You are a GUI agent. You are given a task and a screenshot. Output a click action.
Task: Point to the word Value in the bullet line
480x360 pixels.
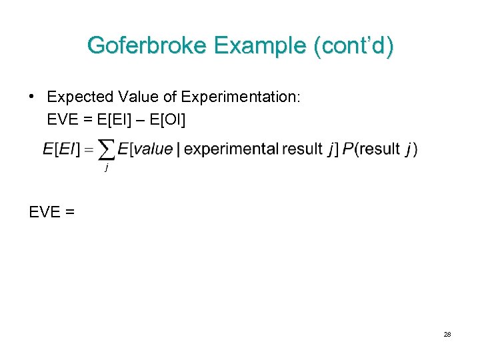click(136, 97)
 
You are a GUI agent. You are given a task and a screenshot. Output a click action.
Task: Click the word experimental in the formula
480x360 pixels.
click(231, 149)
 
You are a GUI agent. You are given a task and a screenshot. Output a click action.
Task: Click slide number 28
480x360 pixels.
click(447, 334)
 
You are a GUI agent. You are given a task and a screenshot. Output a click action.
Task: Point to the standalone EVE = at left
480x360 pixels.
click(52, 213)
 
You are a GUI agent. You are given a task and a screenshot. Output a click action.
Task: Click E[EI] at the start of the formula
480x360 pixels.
click(61, 149)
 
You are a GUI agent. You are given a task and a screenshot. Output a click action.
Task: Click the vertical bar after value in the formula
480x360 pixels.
click(178, 149)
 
